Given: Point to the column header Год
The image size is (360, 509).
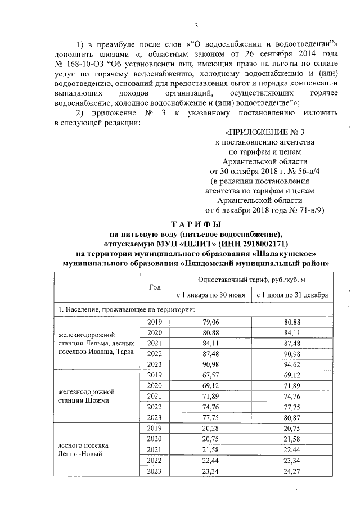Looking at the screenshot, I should pyautogui.click(x=154, y=286).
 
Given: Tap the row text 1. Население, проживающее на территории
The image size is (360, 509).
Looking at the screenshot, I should pyautogui.click(x=124, y=309).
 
